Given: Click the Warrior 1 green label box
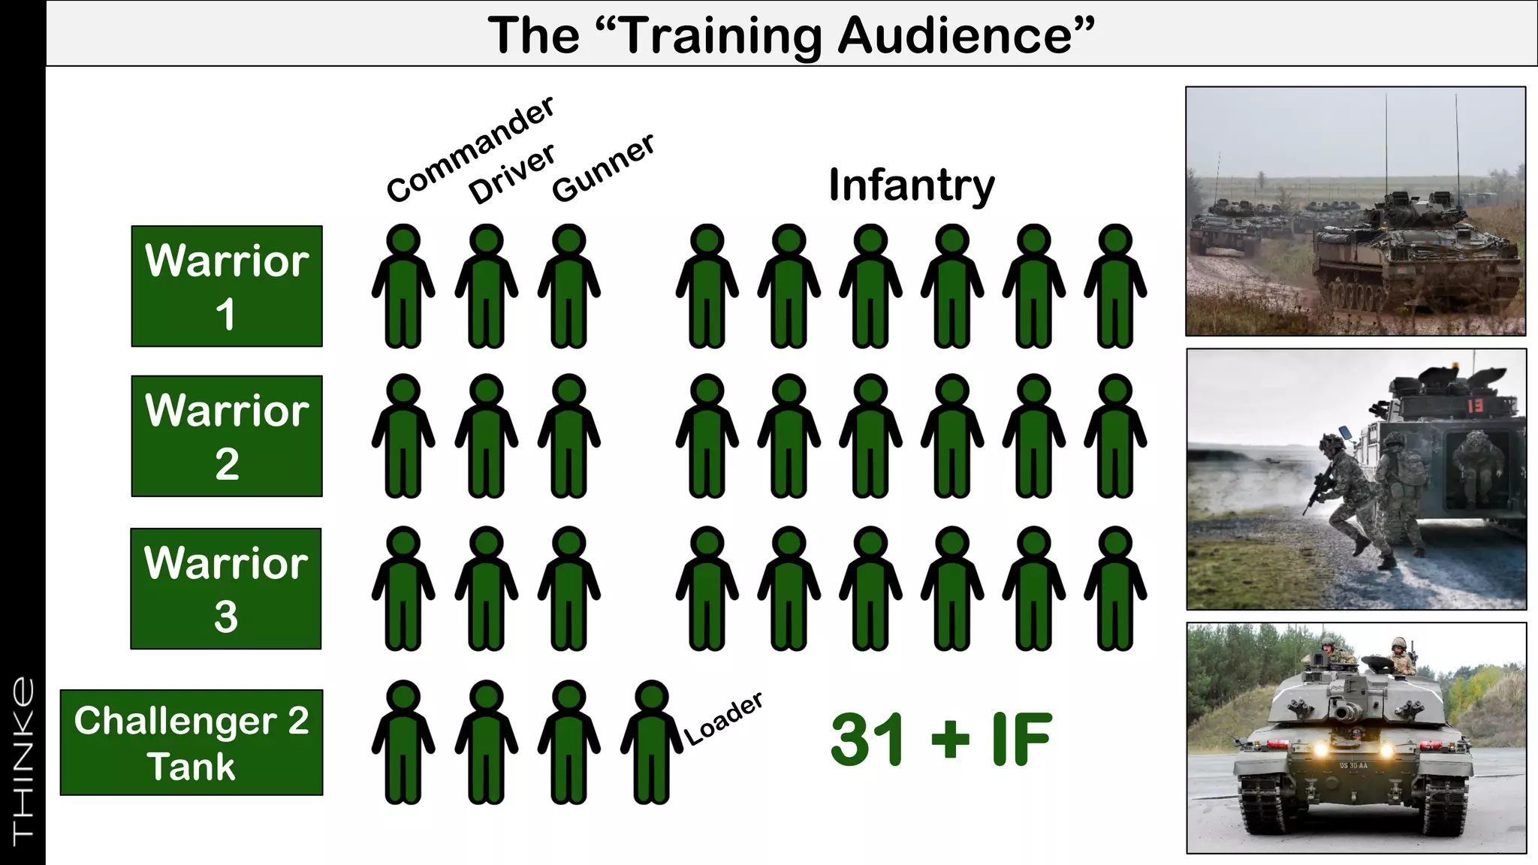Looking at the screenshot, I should [227, 286].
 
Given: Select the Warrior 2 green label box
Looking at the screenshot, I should [227, 436].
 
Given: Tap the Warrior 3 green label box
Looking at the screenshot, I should [226, 589].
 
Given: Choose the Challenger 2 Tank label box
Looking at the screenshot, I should [191, 743].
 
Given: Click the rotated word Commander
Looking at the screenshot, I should [471, 149].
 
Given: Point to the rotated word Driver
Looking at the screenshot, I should [512, 173].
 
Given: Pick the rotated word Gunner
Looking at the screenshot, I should [603, 168].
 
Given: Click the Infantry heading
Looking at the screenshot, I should [912, 185].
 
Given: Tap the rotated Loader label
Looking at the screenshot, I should [724, 719].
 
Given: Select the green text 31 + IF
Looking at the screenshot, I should [942, 740].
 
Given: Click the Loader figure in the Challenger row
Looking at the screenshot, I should [651, 743].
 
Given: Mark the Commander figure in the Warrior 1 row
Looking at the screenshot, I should [403, 286].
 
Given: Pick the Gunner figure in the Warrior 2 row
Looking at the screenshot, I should [569, 436].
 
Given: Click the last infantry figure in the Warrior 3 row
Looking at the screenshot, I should [1115, 589].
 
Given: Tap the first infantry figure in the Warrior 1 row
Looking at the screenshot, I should [707, 286].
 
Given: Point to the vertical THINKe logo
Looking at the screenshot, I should [23, 758].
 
